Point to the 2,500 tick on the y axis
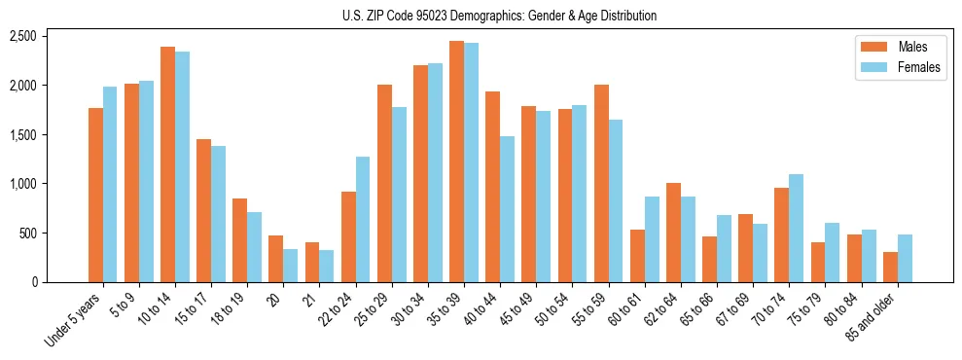coord(22,36)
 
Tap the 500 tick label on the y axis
coord(27,234)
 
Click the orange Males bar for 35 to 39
coord(456,162)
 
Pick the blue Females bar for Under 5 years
coord(110,185)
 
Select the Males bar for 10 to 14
coord(167,164)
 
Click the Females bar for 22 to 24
coord(363,220)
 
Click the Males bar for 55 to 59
coord(601,184)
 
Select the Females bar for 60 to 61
coord(652,239)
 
